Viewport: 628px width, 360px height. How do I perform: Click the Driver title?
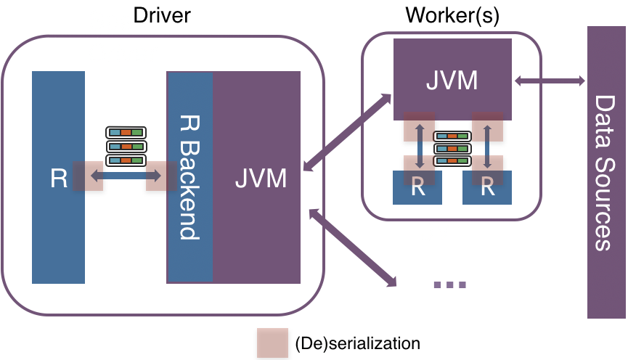click(162, 15)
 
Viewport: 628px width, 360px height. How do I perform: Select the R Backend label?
click(189, 179)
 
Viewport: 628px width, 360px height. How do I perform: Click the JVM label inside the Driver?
click(260, 178)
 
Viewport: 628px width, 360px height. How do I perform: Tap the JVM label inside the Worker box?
click(452, 79)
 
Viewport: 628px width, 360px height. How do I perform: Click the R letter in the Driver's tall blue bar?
click(58, 179)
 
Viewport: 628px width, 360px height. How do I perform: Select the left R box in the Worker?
click(417, 187)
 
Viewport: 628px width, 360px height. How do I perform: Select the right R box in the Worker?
click(487, 187)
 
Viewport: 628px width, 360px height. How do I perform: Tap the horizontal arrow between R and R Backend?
click(124, 176)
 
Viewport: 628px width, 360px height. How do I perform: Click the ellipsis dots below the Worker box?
click(449, 285)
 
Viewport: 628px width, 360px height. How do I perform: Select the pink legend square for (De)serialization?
click(272, 342)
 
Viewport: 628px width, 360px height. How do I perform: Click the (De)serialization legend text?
click(357, 342)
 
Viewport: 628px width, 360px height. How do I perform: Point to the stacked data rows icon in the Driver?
click(126, 146)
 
